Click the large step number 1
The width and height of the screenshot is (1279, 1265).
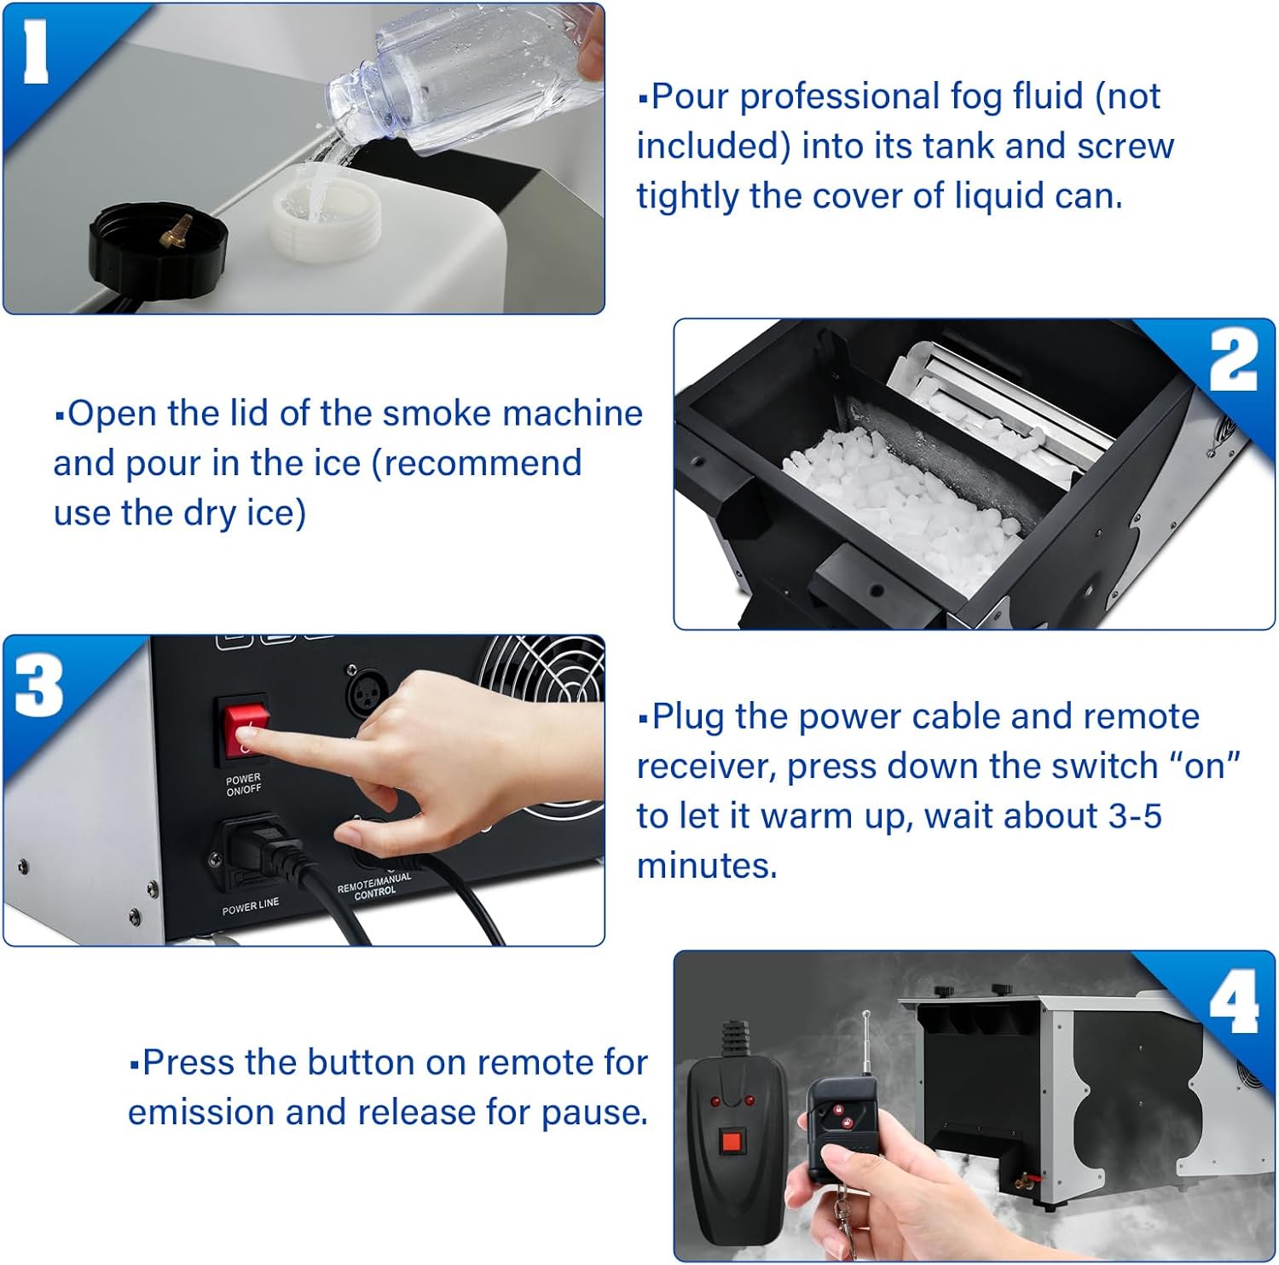pyautogui.click(x=36, y=53)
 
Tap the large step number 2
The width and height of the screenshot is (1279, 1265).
pyautogui.click(x=1233, y=361)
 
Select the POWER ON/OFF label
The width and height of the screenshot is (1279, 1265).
pyautogui.click(x=244, y=784)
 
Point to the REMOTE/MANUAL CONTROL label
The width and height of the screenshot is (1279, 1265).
pyautogui.click(x=374, y=885)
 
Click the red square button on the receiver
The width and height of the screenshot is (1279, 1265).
pyautogui.click(x=732, y=1141)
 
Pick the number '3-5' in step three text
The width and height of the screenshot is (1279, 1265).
pyautogui.click(x=1135, y=815)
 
